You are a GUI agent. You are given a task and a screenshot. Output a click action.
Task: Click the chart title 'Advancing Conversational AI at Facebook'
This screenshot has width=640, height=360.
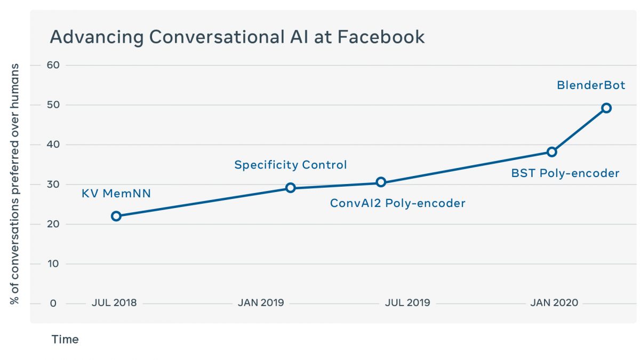click(x=237, y=37)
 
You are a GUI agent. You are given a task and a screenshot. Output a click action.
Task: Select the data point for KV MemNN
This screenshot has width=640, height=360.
click(x=116, y=216)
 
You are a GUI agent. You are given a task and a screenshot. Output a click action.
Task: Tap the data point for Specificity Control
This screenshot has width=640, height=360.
click(x=290, y=188)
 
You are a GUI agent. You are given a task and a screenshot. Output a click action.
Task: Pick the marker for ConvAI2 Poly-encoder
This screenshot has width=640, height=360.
click(x=381, y=182)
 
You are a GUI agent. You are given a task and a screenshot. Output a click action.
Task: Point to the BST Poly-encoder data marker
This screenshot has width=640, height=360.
click(x=552, y=152)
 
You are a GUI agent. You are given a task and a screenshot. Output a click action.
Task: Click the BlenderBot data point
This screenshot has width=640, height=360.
click(x=606, y=108)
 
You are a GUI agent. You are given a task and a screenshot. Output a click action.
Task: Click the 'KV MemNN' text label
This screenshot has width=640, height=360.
click(x=116, y=193)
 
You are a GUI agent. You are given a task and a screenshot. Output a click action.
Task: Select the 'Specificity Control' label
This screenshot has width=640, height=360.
click(x=291, y=165)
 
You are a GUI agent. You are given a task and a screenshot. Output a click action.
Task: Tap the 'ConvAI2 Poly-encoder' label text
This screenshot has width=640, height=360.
click(x=397, y=203)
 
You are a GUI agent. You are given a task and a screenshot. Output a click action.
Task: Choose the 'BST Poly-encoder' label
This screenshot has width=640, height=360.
click(x=565, y=173)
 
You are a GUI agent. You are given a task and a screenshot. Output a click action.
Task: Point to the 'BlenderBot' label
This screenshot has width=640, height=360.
click(x=591, y=85)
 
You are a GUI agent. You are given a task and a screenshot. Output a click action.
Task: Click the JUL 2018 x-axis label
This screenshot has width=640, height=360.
click(x=114, y=303)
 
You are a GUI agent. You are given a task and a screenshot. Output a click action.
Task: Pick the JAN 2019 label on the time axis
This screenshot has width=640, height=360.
click(x=261, y=303)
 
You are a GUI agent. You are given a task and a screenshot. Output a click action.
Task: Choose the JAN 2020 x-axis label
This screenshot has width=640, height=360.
click(x=554, y=303)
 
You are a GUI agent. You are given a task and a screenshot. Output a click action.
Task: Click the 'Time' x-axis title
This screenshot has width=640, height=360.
click(x=65, y=340)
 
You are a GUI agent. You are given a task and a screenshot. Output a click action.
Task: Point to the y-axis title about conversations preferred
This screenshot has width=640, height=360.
click(x=15, y=184)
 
